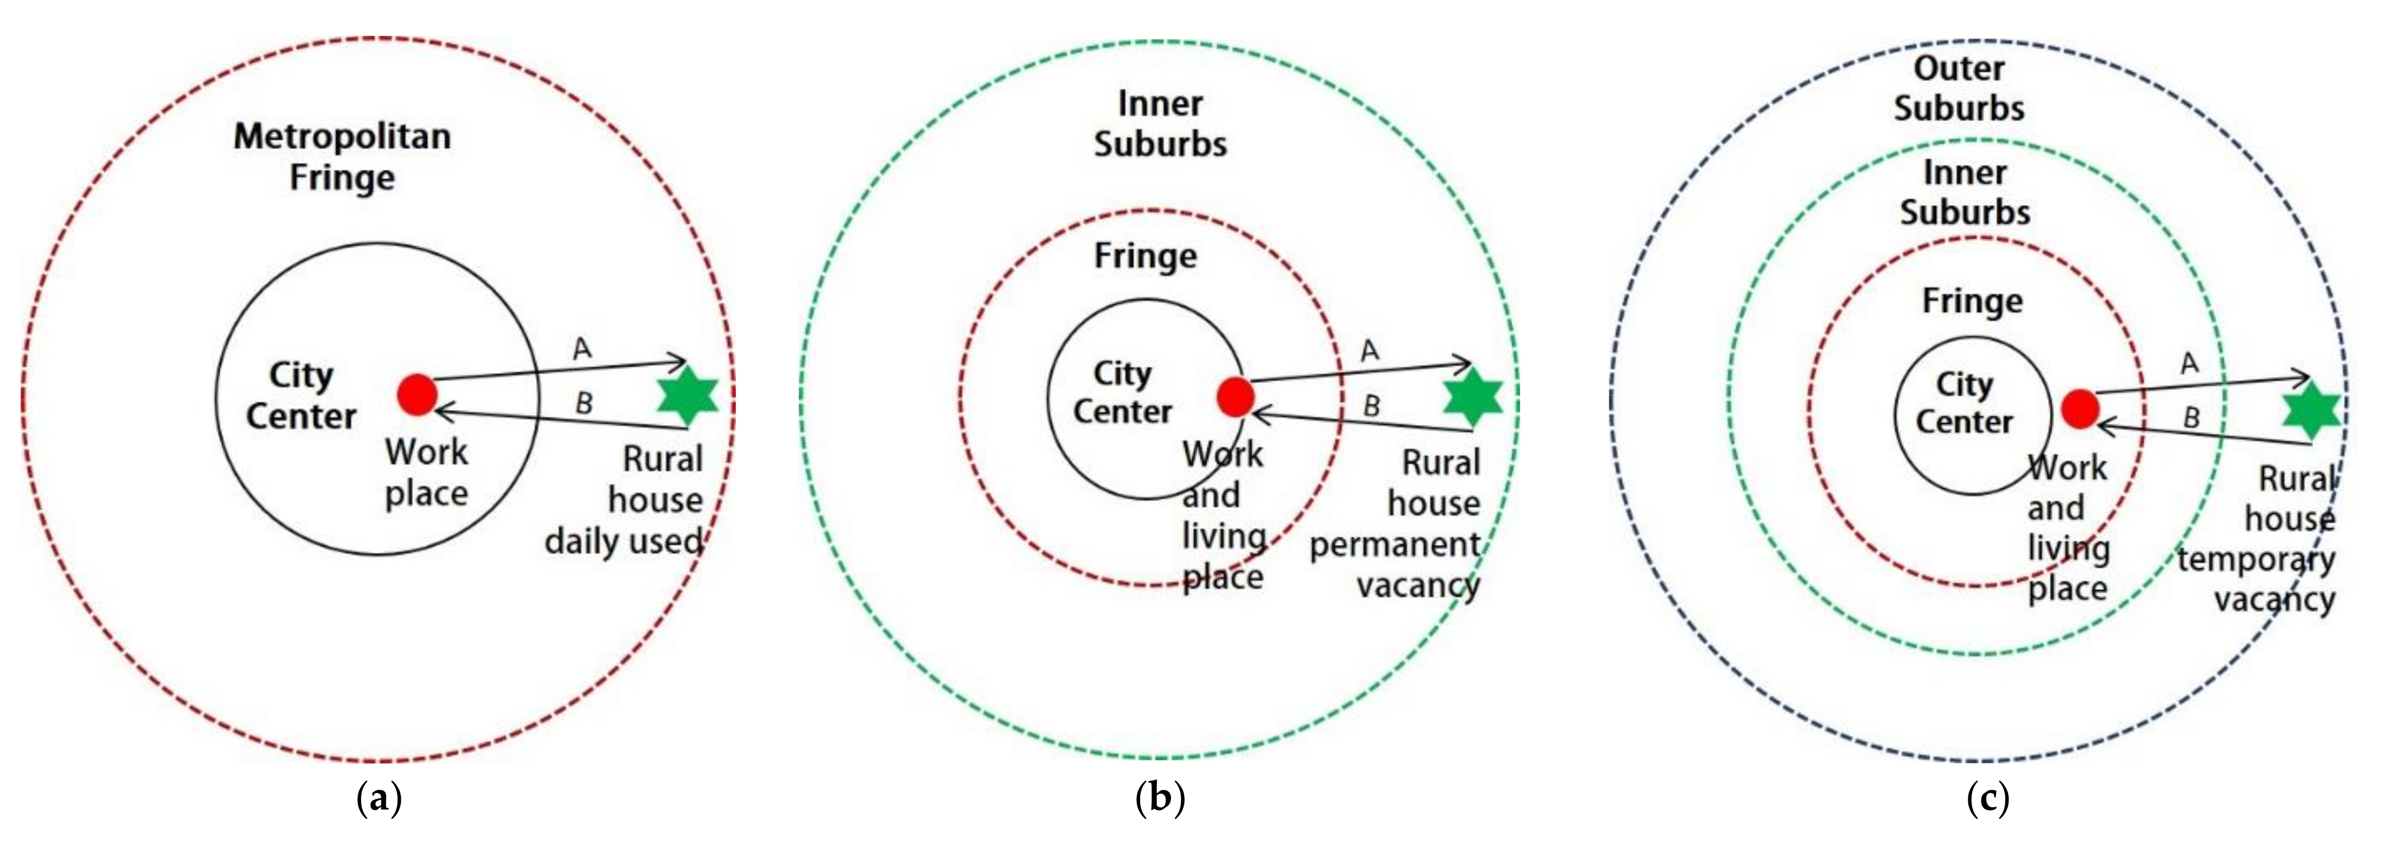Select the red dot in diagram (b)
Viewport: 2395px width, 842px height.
pyautogui.click(x=1236, y=397)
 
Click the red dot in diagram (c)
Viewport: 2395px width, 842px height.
pyautogui.click(x=2080, y=409)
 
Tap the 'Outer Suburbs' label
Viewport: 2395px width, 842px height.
pyautogui.click(x=1959, y=88)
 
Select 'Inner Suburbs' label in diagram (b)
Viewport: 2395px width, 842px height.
pyautogui.click(x=1159, y=123)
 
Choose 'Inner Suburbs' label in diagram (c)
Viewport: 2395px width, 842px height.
pyautogui.click(x=1964, y=192)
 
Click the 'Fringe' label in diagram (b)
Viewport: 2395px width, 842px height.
pyautogui.click(x=1146, y=256)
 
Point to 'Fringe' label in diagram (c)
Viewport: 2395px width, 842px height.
pyautogui.click(x=1972, y=301)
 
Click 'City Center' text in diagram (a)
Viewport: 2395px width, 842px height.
pyautogui.click(x=300, y=395)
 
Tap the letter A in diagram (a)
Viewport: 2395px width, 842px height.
pyautogui.click(x=582, y=348)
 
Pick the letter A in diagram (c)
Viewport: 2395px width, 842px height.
pyautogui.click(x=2189, y=363)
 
